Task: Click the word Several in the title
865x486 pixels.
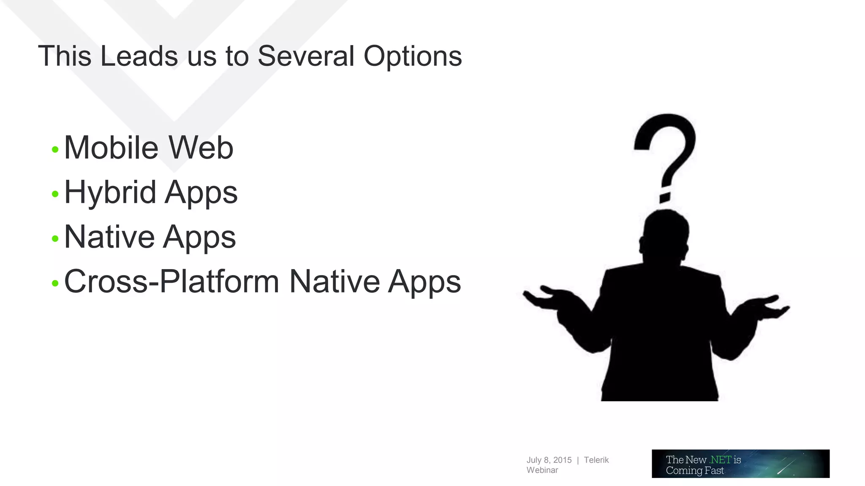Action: coord(306,56)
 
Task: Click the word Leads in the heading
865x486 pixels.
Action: coord(139,56)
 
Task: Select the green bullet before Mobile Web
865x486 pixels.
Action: coord(55,149)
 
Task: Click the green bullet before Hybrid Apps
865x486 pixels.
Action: coord(55,194)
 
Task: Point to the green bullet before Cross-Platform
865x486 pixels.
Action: coord(55,283)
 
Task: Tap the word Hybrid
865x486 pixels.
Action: coord(110,193)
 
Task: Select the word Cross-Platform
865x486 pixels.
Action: coord(171,281)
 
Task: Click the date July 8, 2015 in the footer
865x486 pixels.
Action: coord(549,460)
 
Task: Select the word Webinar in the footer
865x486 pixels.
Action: coord(542,470)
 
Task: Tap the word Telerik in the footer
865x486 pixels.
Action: coord(596,460)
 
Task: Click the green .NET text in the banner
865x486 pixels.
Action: coord(720,459)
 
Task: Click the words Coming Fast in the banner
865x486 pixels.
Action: coord(695,470)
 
